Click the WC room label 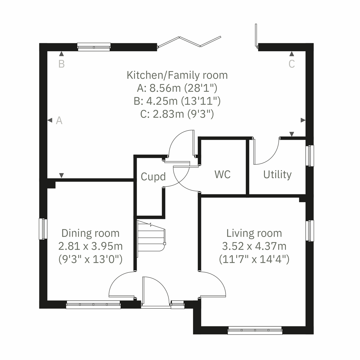223,174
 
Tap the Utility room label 277,175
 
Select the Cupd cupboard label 153,177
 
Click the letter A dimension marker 59,121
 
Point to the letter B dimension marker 61,64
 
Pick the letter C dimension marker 292,64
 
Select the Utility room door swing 266,151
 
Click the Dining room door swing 121,285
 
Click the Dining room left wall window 43,229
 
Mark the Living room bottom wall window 255,331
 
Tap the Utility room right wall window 310,155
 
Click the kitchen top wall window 94,47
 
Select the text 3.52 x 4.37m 254,246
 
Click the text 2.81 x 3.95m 90,246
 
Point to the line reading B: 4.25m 177,101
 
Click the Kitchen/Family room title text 177,75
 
